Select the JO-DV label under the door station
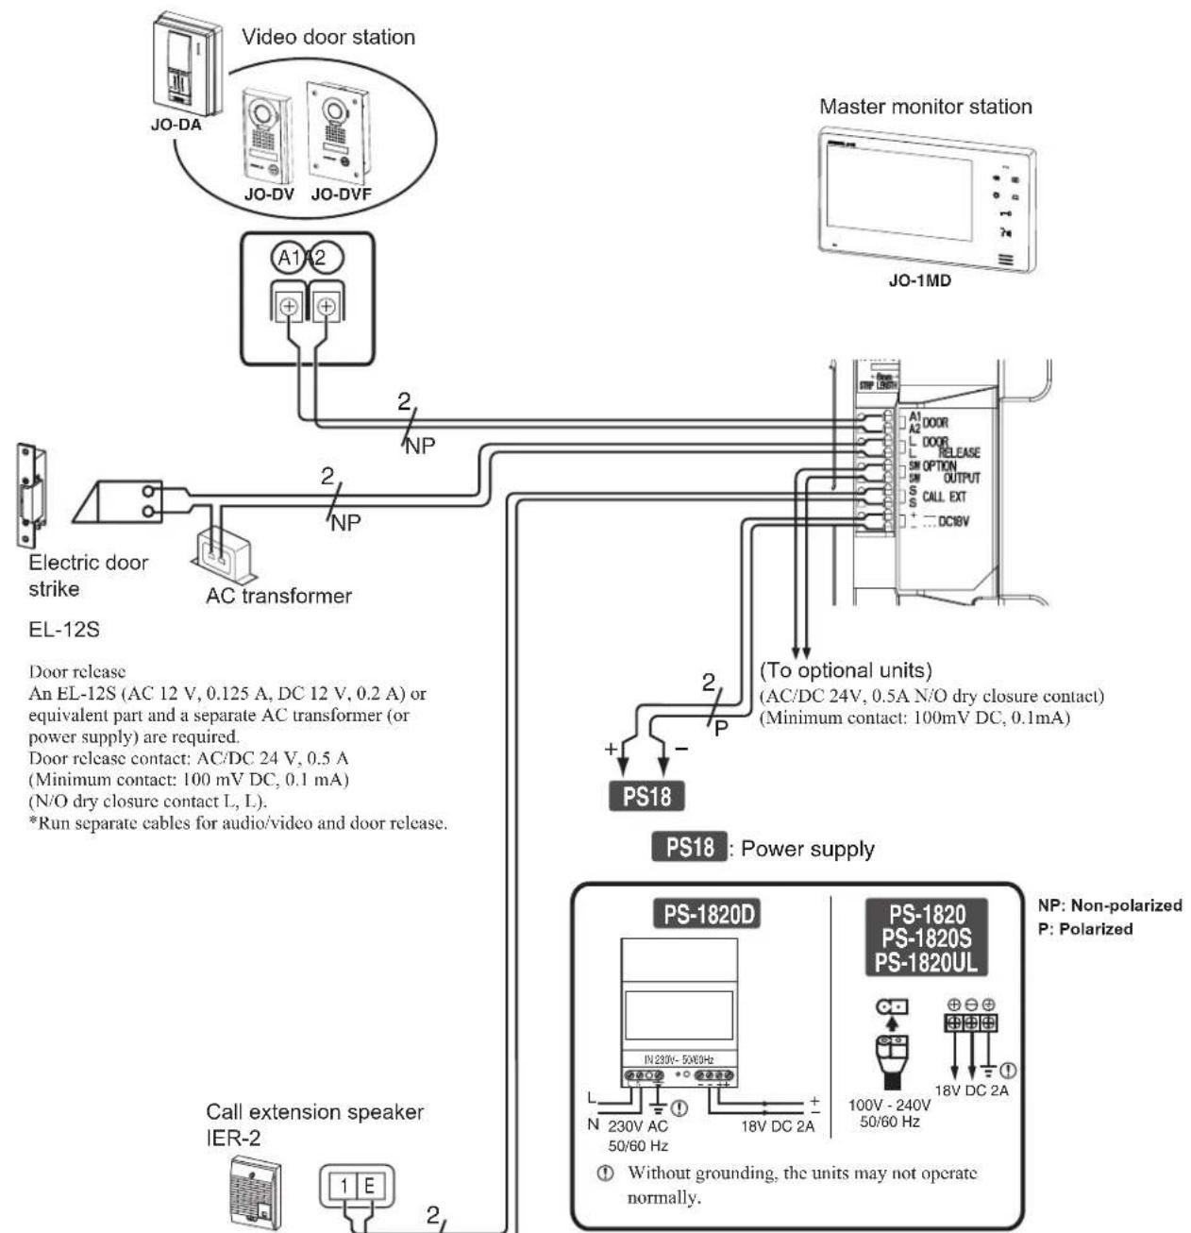coord(269,194)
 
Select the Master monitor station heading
coord(925,107)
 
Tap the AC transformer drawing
coord(223,556)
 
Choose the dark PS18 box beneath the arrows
coord(647,796)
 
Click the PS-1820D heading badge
coord(713,915)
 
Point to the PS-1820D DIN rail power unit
coord(679,1019)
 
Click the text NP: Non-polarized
coord(1103,905)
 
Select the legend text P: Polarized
coord(1079,929)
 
